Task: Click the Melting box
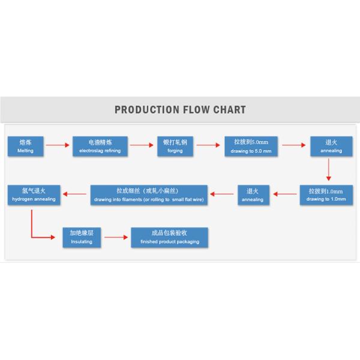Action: point(25,146)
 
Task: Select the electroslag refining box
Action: point(100,146)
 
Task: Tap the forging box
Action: point(175,146)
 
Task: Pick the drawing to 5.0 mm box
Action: point(251,146)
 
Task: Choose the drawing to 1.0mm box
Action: point(326,195)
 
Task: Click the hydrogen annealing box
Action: point(34,195)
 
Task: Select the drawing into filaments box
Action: point(151,195)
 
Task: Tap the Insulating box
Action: point(82,238)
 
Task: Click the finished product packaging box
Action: point(170,238)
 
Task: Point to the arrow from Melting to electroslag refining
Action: point(55,145)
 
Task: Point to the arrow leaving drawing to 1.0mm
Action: point(286,194)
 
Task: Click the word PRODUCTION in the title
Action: point(146,110)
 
